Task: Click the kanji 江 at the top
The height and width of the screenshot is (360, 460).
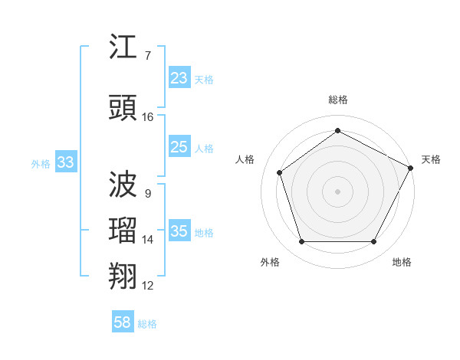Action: click(124, 48)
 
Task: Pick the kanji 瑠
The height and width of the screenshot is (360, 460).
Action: click(124, 231)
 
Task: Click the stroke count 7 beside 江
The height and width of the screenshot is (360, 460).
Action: click(147, 56)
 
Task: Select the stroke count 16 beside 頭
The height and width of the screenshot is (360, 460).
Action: click(148, 117)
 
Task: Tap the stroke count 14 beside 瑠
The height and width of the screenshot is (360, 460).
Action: click(148, 240)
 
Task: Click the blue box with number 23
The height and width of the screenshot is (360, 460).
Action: click(179, 78)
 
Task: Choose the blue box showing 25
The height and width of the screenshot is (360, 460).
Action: click(179, 147)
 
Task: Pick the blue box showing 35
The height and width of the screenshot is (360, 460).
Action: click(179, 231)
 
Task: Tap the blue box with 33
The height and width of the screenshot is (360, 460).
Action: click(65, 162)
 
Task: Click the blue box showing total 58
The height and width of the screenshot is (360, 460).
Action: click(123, 322)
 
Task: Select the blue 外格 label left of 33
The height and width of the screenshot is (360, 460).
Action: click(41, 163)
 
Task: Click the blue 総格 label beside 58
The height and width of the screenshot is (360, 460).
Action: click(147, 323)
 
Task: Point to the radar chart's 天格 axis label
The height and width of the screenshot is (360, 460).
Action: click(431, 159)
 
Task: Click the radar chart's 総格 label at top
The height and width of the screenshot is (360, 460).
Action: click(337, 100)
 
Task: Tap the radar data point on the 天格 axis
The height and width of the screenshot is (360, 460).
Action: click(412, 167)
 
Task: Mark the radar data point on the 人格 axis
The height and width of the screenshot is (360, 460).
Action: click(280, 172)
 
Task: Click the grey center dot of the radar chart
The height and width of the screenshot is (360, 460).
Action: click(337, 191)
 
